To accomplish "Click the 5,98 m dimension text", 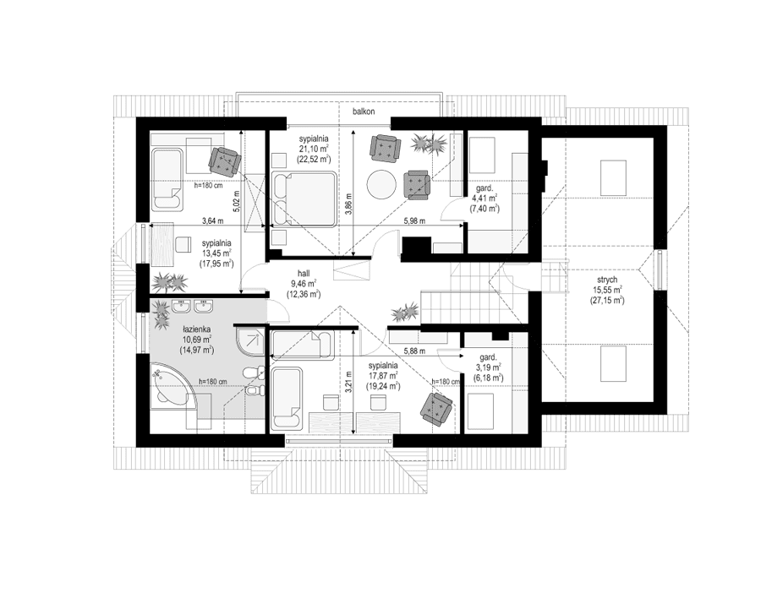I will pyautogui.click(x=413, y=220).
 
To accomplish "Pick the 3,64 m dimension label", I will pyautogui.click(x=213, y=221).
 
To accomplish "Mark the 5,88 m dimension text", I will pyautogui.click(x=414, y=351).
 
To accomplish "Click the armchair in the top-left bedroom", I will pyautogui.click(x=225, y=158).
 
